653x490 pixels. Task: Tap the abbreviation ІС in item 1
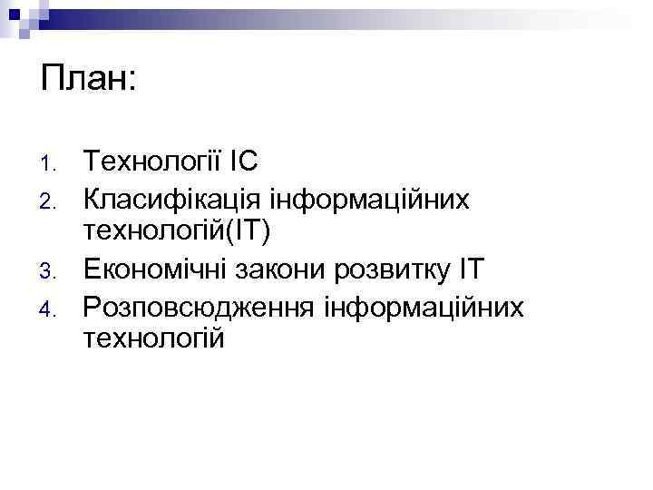243,162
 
